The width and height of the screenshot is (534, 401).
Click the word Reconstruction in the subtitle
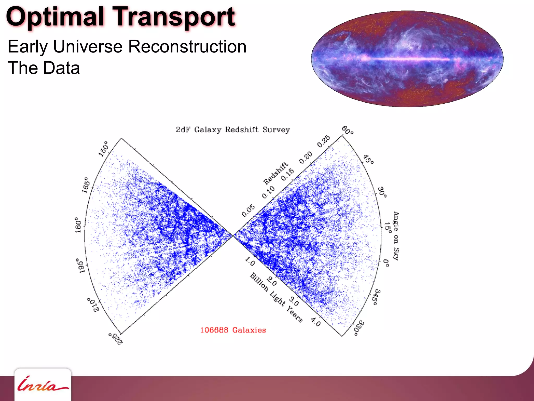click(x=187, y=47)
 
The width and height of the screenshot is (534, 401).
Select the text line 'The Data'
click(x=44, y=68)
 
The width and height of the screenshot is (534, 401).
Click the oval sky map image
click(x=407, y=59)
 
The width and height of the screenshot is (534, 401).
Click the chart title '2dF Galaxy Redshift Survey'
click(x=233, y=130)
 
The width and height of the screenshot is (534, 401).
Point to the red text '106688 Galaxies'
click(x=233, y=330)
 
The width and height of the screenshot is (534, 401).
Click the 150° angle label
click(x=104, y=149)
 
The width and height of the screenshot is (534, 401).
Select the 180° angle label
click(x=78, y=225)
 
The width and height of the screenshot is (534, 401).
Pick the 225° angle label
click(x=116, y=339)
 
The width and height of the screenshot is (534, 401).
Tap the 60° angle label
click(x=348, y=130)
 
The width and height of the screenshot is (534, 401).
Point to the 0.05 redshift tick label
click(x=248, y=211)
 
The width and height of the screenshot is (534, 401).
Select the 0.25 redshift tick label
click(x=324, y=141)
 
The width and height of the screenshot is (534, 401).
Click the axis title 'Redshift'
click(x=275, y=173)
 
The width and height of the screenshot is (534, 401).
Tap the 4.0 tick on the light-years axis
click(x=316, y=322)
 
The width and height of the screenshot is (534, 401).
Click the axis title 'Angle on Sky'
click(x=396, y=236)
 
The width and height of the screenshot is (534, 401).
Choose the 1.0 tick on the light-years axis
click(x=250, y=261)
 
